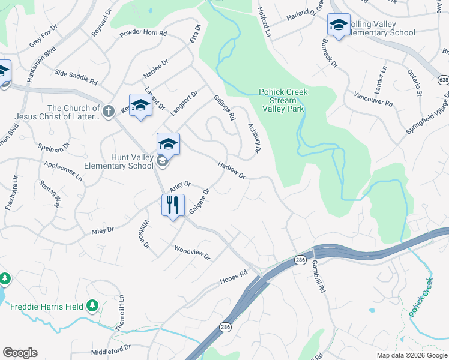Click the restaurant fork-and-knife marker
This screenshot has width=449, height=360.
tap(173, 205)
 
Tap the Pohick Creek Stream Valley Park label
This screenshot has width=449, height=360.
tap(283, 100)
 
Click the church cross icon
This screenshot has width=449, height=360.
tap(108, 110)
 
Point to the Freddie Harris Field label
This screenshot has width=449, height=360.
tap(47, 307)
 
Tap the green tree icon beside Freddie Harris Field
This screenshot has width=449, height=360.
tap(92, 307)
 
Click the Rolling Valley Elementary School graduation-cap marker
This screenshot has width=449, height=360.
tap(339, 26)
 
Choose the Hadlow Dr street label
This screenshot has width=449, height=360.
tap(232, 170)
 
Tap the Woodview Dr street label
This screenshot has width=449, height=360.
tap(192, 253)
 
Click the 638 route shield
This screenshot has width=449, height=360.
tap(444, 79)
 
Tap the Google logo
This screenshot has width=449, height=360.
tap(20, 353)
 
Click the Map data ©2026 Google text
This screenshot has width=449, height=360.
tap(412, 355)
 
